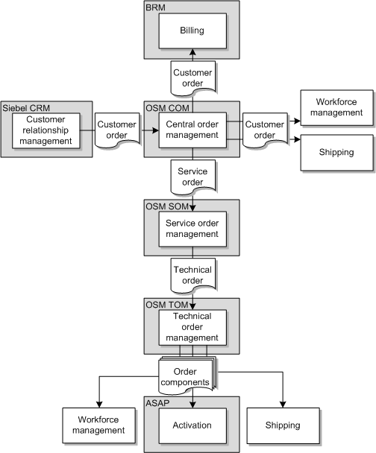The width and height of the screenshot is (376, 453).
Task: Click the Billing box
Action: tap(192, 31)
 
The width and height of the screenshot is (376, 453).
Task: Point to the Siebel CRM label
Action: tap(24, 107)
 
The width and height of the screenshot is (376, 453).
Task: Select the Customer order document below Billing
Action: tap(192, 78)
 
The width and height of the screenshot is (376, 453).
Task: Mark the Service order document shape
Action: tap(192, 177)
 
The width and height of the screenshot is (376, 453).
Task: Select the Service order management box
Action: tap(192, 228)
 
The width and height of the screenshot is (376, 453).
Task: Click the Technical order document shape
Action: tap(192, 275)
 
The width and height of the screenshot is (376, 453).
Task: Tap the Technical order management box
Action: tap(192, 326)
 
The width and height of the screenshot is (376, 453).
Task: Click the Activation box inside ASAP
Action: tap(192, 425)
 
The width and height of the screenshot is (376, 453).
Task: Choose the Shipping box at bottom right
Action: tap(282, 425)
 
